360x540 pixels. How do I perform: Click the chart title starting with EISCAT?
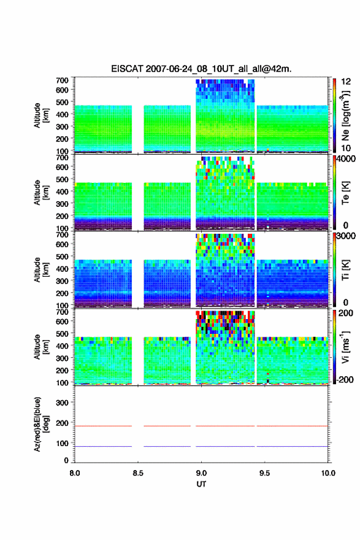tap(201, 69)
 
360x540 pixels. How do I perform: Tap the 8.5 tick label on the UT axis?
tap(138, 473)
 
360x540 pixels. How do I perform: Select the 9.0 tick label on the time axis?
tap(201, 473)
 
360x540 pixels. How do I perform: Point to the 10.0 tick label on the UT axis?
tap(328, 473)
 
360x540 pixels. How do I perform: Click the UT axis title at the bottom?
tap(201, 484)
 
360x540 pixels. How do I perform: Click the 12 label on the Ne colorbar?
tap(346, 82)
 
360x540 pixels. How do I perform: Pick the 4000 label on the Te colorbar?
tap(346, 159)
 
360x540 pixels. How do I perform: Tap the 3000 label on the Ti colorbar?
tap(346, 236)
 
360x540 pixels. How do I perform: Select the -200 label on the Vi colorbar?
tap(345, 379)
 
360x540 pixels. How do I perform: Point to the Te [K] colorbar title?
tap(345, 193)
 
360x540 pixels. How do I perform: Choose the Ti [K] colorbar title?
tap(345, 269)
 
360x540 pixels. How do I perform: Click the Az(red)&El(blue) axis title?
tap(40, 424)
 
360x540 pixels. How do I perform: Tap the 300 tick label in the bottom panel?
tap(62, 403)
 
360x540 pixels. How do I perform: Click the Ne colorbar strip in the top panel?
tap(334, 115)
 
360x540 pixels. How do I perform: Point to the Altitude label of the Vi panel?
tap(40, 347)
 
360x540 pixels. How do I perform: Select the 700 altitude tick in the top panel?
tap(62, 80)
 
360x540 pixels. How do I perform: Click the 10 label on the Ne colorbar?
tap(346, 148)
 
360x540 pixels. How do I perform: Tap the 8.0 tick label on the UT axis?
tap(75, 473)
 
